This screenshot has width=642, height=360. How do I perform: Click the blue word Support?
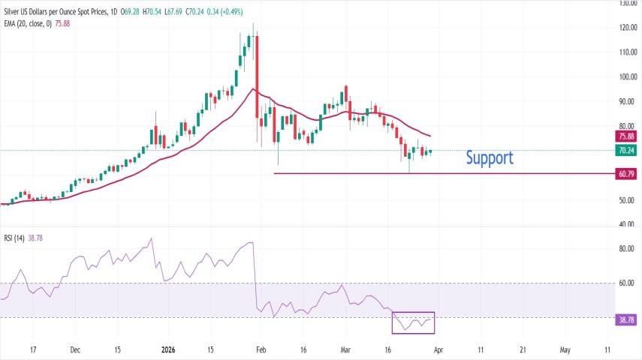[x=490, y=157]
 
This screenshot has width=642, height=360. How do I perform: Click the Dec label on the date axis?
[x=75, y=349]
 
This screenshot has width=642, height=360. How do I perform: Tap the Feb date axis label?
[x=260, y=349]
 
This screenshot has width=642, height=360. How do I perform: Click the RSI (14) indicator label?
[x=14, y=238]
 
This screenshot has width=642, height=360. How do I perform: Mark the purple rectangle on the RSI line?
[x=413, y=322]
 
